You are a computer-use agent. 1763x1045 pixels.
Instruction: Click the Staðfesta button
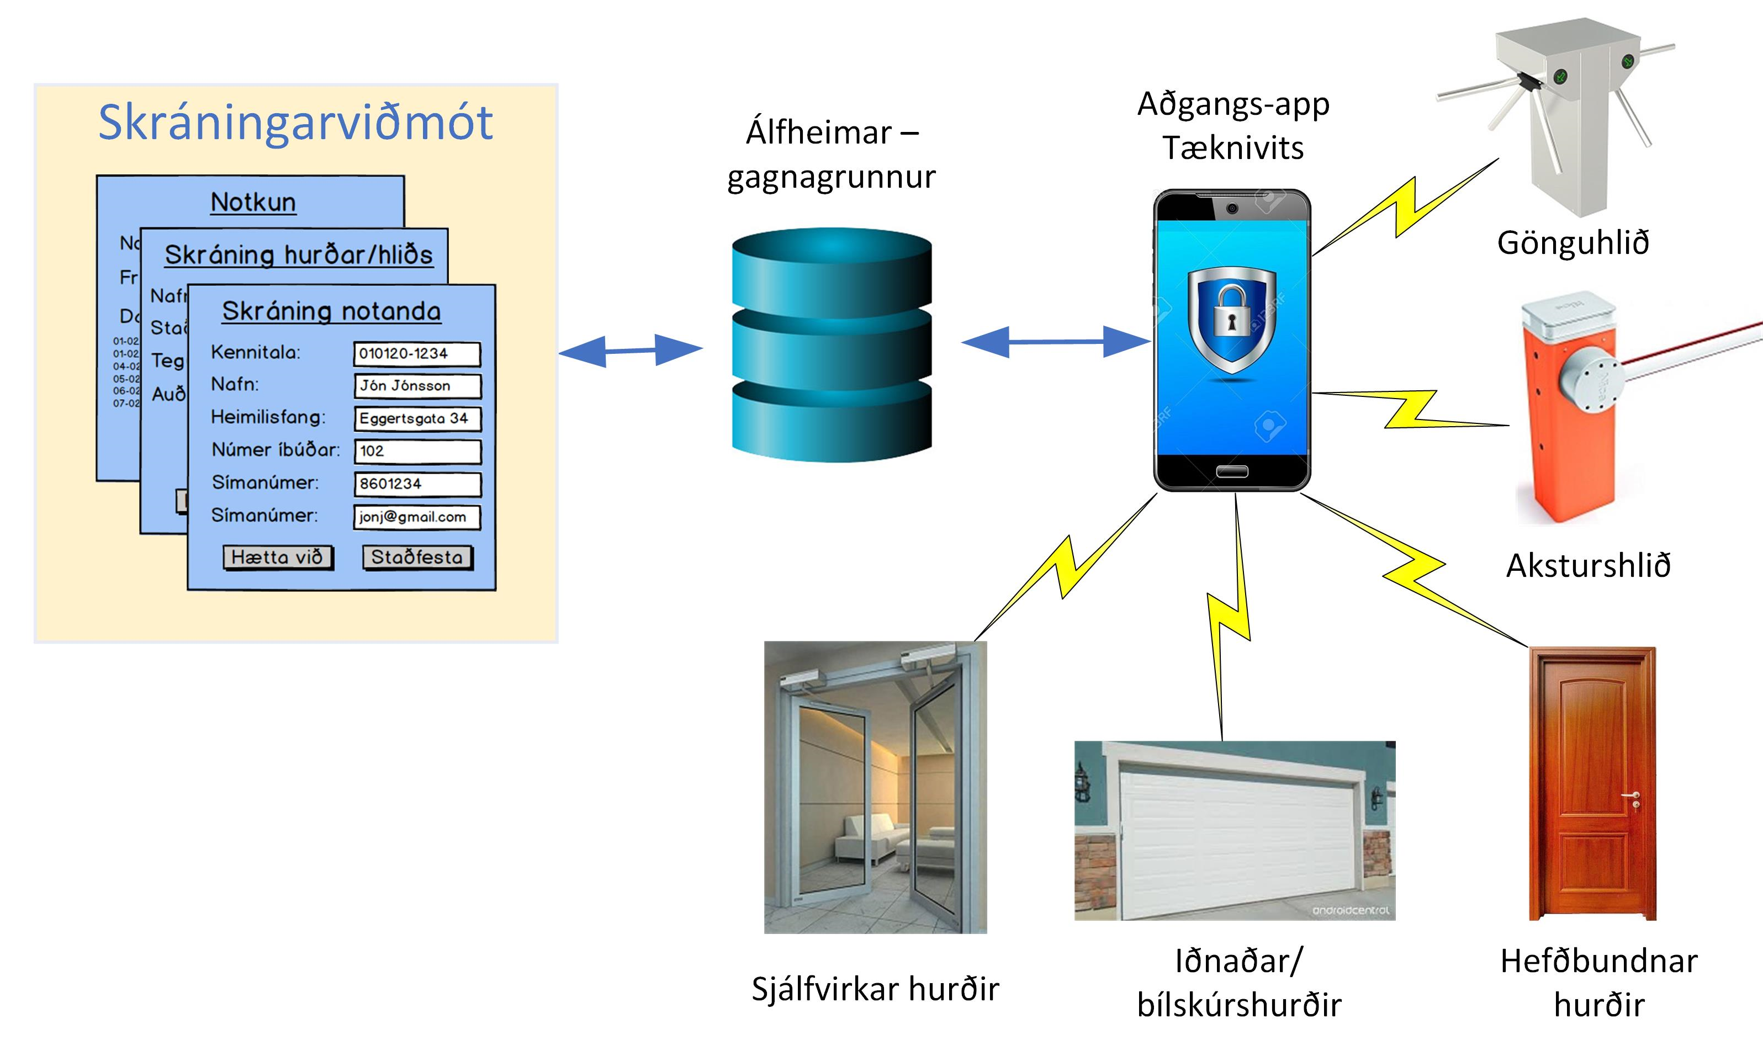pos(417,557)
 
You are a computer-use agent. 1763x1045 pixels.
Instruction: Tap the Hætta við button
pos(278,557)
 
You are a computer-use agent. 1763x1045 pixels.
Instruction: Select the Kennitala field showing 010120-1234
pos(417,353)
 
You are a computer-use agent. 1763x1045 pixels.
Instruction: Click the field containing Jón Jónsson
pos(417,386)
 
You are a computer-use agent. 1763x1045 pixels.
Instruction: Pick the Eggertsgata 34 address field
pos(417,418)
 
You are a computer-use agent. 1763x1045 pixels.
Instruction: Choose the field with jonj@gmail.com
pos(417,517)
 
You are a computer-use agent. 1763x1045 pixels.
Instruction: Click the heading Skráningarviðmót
pos(295,123)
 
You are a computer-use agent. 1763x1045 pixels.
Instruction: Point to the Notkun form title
pos(253,202)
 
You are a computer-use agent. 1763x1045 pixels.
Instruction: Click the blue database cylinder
pos(832,345)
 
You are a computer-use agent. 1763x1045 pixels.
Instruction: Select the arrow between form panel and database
pos(631,350)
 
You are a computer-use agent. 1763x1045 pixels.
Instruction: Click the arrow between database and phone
pos(1055,342)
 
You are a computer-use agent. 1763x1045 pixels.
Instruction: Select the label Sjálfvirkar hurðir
pos(875,989)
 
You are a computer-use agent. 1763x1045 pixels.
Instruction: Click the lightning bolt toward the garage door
pos(1229,620)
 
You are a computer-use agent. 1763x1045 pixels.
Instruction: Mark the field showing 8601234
pos(417,484)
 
